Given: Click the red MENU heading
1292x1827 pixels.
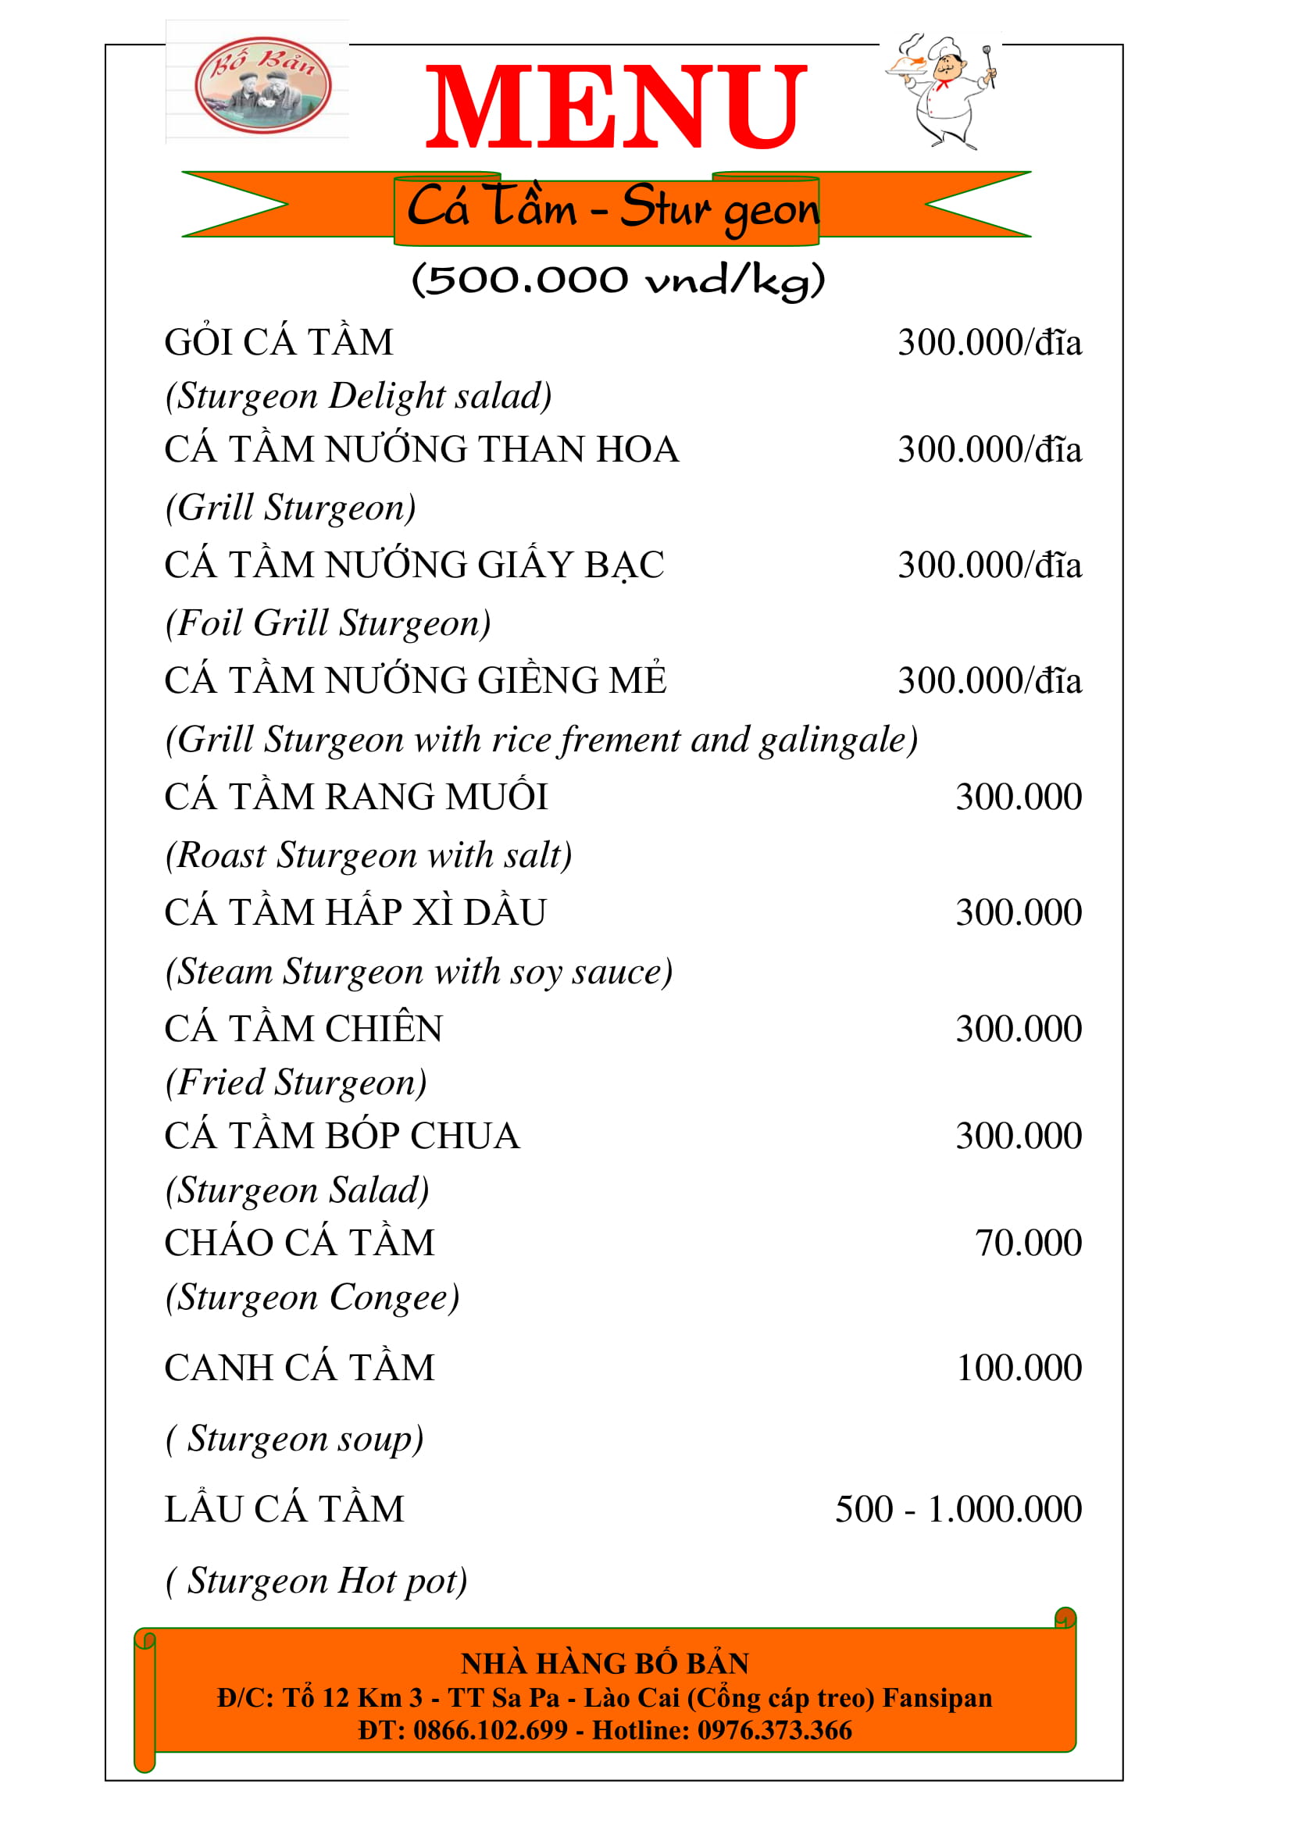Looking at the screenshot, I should point(616,108).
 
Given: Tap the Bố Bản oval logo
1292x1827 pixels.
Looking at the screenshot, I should point(262,84).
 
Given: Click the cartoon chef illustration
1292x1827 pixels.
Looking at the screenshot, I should point(943,91).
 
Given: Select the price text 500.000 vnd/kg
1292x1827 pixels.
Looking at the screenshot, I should point(618,280).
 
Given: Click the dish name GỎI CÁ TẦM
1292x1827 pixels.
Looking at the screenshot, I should point(278,343).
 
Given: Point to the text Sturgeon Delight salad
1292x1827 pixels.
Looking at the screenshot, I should point(358,396).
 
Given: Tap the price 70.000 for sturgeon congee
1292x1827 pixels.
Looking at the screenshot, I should point(1028,1243).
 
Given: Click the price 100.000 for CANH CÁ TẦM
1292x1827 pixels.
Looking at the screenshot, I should point(1019,1368).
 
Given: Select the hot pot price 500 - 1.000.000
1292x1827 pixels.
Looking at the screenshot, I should point(958,1510).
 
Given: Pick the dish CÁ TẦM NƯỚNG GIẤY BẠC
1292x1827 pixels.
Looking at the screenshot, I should point(414,565).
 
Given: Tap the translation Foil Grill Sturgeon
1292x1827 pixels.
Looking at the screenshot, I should point(328,623).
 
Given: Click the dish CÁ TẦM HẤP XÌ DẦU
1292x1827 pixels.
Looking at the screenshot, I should point(355,912).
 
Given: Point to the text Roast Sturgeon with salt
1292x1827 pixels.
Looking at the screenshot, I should point(369,855).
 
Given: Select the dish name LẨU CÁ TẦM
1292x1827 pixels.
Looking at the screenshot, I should point(284,1510).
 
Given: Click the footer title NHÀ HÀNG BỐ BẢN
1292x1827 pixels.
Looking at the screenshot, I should point(605,1664).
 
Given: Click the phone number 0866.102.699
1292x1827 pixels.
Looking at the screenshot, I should point(490,1731).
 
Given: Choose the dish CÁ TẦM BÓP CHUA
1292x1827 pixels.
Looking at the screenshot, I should point(342,1137).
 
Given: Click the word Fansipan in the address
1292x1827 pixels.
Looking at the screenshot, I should point(937,1698).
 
